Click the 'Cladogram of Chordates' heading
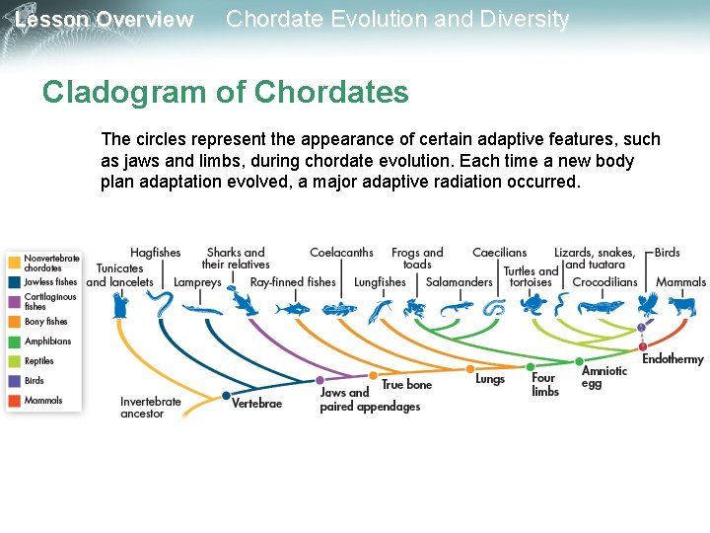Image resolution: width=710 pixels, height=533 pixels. tap(225, 93)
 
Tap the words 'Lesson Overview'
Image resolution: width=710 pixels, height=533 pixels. tap(105, 20)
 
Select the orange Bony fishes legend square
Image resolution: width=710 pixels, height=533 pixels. tap(14, 322)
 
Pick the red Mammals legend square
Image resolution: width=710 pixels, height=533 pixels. tap(14, 401)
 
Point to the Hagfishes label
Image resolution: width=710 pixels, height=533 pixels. tap(155, 253)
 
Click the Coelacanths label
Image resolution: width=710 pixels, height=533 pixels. tap(341, 253)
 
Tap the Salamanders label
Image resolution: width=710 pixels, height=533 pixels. tap(459, 282)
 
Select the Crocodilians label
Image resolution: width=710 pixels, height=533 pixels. tap(605, 282)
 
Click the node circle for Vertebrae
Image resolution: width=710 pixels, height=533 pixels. tap(224, 398)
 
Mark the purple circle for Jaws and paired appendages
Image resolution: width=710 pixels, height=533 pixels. tap(319, 380)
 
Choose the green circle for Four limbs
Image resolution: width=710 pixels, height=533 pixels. tap(531, 367)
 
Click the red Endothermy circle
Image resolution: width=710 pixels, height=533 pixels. tap(643, 346)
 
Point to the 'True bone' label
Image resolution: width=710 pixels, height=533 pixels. tap(406, 384)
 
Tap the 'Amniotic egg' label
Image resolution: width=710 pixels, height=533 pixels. tap(603, 377)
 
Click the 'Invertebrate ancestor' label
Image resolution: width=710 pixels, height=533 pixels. tap(151, 408)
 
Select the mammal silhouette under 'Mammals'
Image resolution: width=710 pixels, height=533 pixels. tap(679, 306)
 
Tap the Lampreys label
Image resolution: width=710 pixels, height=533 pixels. tap(197, 282)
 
